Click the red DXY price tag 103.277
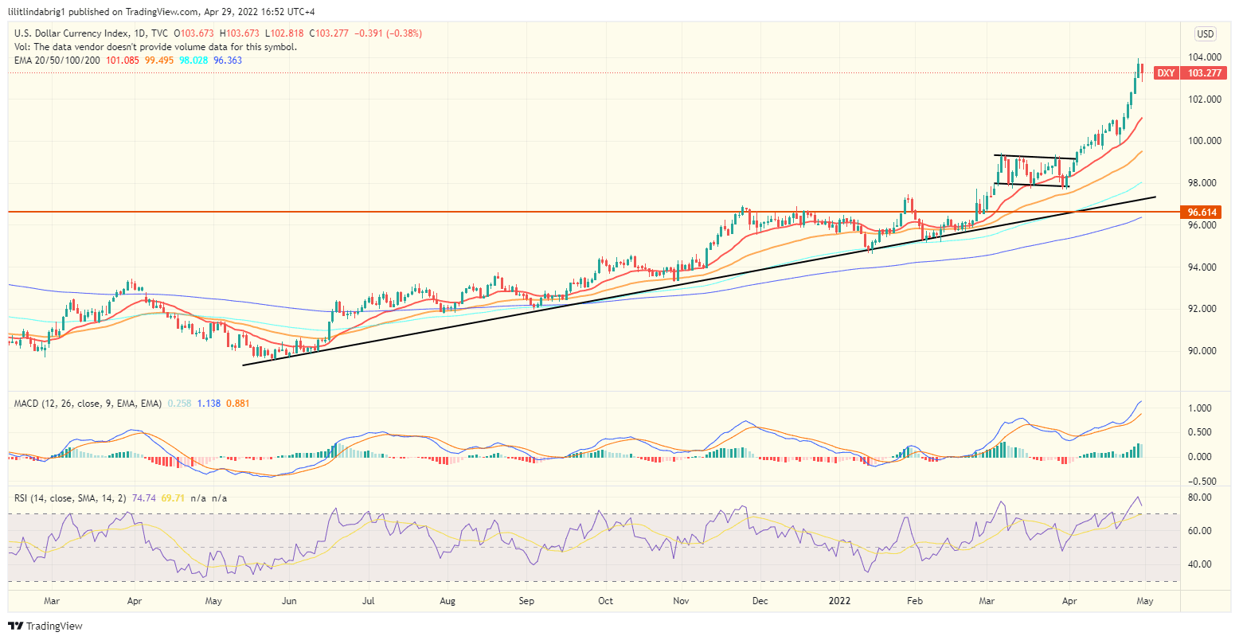pyautogui.click(x=1202, y=73)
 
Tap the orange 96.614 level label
pyautogui.click(x=1202, y=213)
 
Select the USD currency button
pyautogui.click(x=1206, y=34)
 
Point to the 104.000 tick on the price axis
pyautogui.click(x=1206, y=57)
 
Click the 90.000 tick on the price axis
pyautogui.click(x=1206, y=351)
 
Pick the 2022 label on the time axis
pyautogui.click(x=842, y=601)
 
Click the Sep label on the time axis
pyautogui.click(x=526, y=601)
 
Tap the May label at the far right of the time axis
pyautogui.click(x=1144, y=601)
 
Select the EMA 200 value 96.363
pyautogui.click(x=228, y=60)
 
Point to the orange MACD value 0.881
pyautogui.click(x=237, y=404)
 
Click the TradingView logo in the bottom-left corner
pyautogui.click(x=45, y=626)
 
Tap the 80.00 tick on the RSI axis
pyautogui.click(x=1200, y=498)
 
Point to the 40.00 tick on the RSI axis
pyautogui.click(x=1200, y=564)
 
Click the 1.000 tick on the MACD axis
pyautogui.click(x=1200, y=408)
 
